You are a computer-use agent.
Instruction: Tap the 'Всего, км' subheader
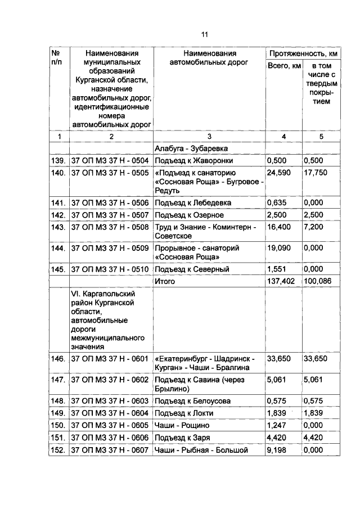click(284, 67)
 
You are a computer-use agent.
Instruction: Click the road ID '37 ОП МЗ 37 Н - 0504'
click(110, 160)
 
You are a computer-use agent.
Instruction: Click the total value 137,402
click(281, 281)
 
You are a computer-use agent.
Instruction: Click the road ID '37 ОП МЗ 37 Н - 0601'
click(110, 358)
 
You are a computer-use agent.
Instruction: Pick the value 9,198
click(277, 451)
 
